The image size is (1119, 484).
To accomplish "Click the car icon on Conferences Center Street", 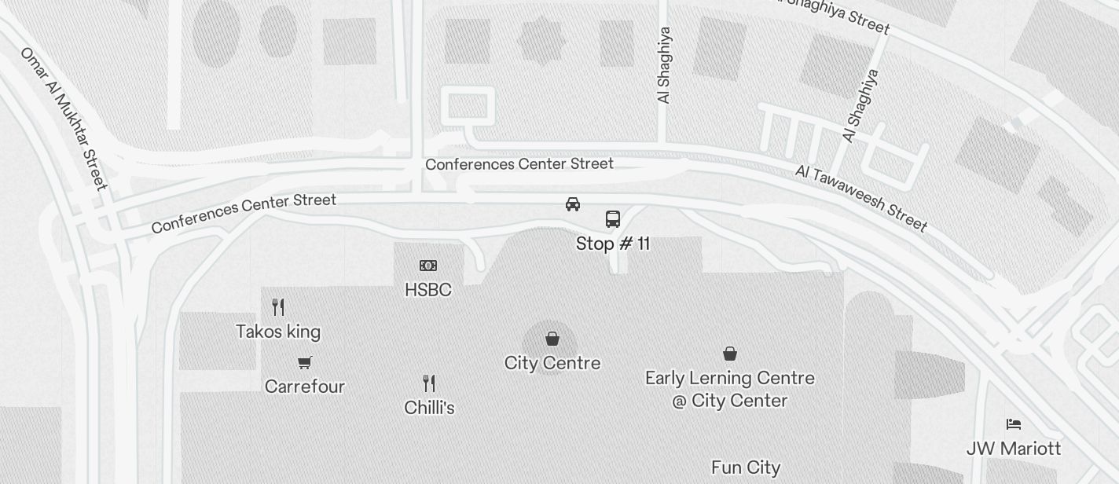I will (x=573, y=204).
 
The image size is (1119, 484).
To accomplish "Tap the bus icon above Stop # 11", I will (x=613, y=218).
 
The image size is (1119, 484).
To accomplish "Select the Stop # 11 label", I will (x=613, y=244).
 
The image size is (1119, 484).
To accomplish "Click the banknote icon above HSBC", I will (x=428, y=266).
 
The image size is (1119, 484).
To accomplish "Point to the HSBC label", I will (x=428, y=290).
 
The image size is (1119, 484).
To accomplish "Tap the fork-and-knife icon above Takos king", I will (x=278, y=306).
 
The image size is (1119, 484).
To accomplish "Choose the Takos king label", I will (x=278, y=332).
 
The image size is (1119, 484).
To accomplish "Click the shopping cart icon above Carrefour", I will (x=305, y=362).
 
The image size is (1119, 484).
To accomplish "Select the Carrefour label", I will (x=305, y=387).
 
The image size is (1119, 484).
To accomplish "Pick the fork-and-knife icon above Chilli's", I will (x=429, y=383).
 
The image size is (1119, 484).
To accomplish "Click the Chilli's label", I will (x=429, y=408).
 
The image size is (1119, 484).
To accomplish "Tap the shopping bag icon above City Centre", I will (x=552, y=339).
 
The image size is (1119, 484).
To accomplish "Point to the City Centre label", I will (x=552, y=363).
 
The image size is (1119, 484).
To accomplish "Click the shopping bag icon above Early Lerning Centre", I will (x=730, y=354).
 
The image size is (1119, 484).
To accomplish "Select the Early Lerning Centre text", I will (x=730, y=389).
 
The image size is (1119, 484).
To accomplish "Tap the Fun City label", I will (x=746, y=467).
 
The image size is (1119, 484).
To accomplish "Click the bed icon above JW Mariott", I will (x=1014, y=424).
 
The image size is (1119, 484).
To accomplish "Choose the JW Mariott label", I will (x=1014, y=449).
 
